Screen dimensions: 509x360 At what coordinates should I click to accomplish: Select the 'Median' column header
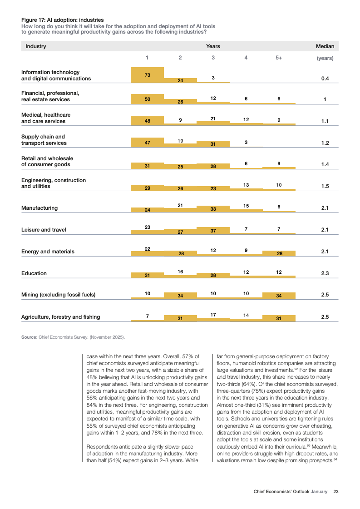tap(325, 46)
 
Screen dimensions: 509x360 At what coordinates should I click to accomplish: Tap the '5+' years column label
tap(279, 58)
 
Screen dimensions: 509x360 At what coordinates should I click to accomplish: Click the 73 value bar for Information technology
tap(147, 75)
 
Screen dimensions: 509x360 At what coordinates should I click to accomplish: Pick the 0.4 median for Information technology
tap(325, 79)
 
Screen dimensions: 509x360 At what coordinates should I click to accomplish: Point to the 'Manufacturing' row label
tap(39, 208)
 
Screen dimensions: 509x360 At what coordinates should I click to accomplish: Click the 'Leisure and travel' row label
tap(44, 230)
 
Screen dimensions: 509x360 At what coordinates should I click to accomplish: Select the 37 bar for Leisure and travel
tap(213, 231)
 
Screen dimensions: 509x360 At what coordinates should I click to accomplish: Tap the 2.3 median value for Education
tap(325, 273)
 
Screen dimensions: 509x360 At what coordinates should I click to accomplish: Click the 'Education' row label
tap(34, 273)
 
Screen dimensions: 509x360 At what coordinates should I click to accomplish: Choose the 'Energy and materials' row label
tap(48, 252)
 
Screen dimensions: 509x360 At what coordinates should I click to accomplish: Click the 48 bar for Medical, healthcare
tap(147, 121)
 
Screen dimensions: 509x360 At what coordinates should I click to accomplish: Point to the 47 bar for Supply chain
tap(147, 143)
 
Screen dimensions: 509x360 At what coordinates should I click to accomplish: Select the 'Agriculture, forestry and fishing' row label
tap(61, 317)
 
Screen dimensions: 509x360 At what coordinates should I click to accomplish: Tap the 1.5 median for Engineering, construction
tap(325, 186)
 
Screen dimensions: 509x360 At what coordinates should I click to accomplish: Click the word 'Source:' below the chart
tap(29, 337)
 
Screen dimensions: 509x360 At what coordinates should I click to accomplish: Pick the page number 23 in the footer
tap(336, 491)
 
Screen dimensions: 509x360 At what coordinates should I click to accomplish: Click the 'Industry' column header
tap(36, 46)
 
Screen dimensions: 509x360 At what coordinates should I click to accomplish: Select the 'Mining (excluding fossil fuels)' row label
tap(59, 295)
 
